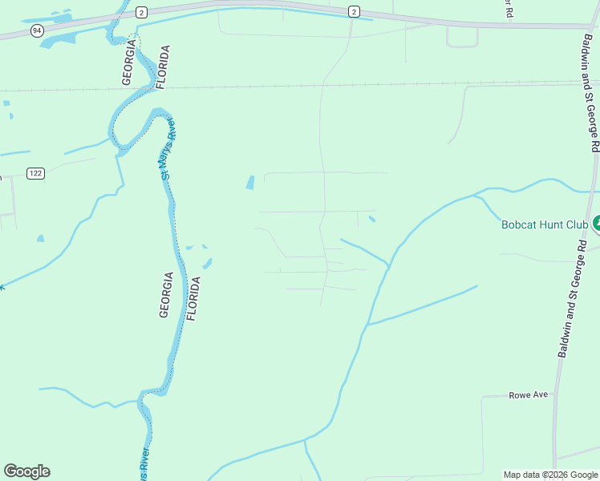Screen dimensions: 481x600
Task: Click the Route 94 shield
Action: [x=37, y=30]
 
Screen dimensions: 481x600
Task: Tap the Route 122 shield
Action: [x=34, y=173]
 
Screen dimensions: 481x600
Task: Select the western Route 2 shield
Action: [x=141, y=11]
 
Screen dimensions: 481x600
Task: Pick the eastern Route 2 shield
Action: [x=353, y=11]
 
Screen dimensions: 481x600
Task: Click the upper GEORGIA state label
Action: [x=126, y=61]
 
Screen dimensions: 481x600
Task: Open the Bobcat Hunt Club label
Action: [x=545, y=225]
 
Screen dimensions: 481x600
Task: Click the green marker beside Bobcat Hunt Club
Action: [x=596, y=223]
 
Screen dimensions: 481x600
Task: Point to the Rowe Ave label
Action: [x=528, y=395]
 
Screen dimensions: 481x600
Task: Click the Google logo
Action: [x=26, y=471]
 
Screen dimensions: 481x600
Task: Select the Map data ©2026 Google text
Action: [x=550, y=475]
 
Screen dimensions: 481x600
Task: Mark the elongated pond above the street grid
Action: [x=250, y=183]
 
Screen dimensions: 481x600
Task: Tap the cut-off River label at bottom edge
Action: [x=144, y=464]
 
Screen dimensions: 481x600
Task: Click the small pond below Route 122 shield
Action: [x=40, y=238]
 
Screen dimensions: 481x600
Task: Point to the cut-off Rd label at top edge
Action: [x=508, y=9]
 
